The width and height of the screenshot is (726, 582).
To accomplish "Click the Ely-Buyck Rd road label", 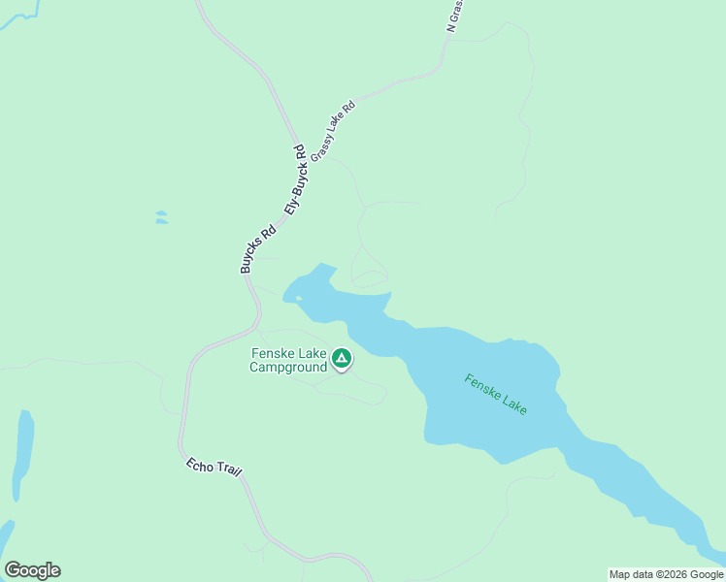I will [296, 179].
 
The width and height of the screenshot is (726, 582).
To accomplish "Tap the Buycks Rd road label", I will [258, 249].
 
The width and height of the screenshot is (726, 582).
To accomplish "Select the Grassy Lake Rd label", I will [334, 129].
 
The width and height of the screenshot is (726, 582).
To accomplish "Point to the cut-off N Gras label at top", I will [456, 16].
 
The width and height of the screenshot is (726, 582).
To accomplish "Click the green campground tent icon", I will [342, 359].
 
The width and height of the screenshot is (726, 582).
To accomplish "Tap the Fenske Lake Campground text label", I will [288, 360].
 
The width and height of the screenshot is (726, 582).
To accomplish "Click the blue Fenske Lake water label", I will [495, 395].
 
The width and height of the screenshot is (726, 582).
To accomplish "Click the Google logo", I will [32, 570].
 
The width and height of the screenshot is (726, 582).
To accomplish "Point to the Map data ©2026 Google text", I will [666, 574].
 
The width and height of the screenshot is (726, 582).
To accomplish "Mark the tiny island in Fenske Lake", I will [299, 298].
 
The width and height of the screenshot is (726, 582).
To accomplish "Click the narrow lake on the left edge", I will [23, 451].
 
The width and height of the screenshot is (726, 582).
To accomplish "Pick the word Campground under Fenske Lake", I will [288, 367].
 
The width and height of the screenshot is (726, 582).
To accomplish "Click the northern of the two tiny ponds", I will [160, 213].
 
